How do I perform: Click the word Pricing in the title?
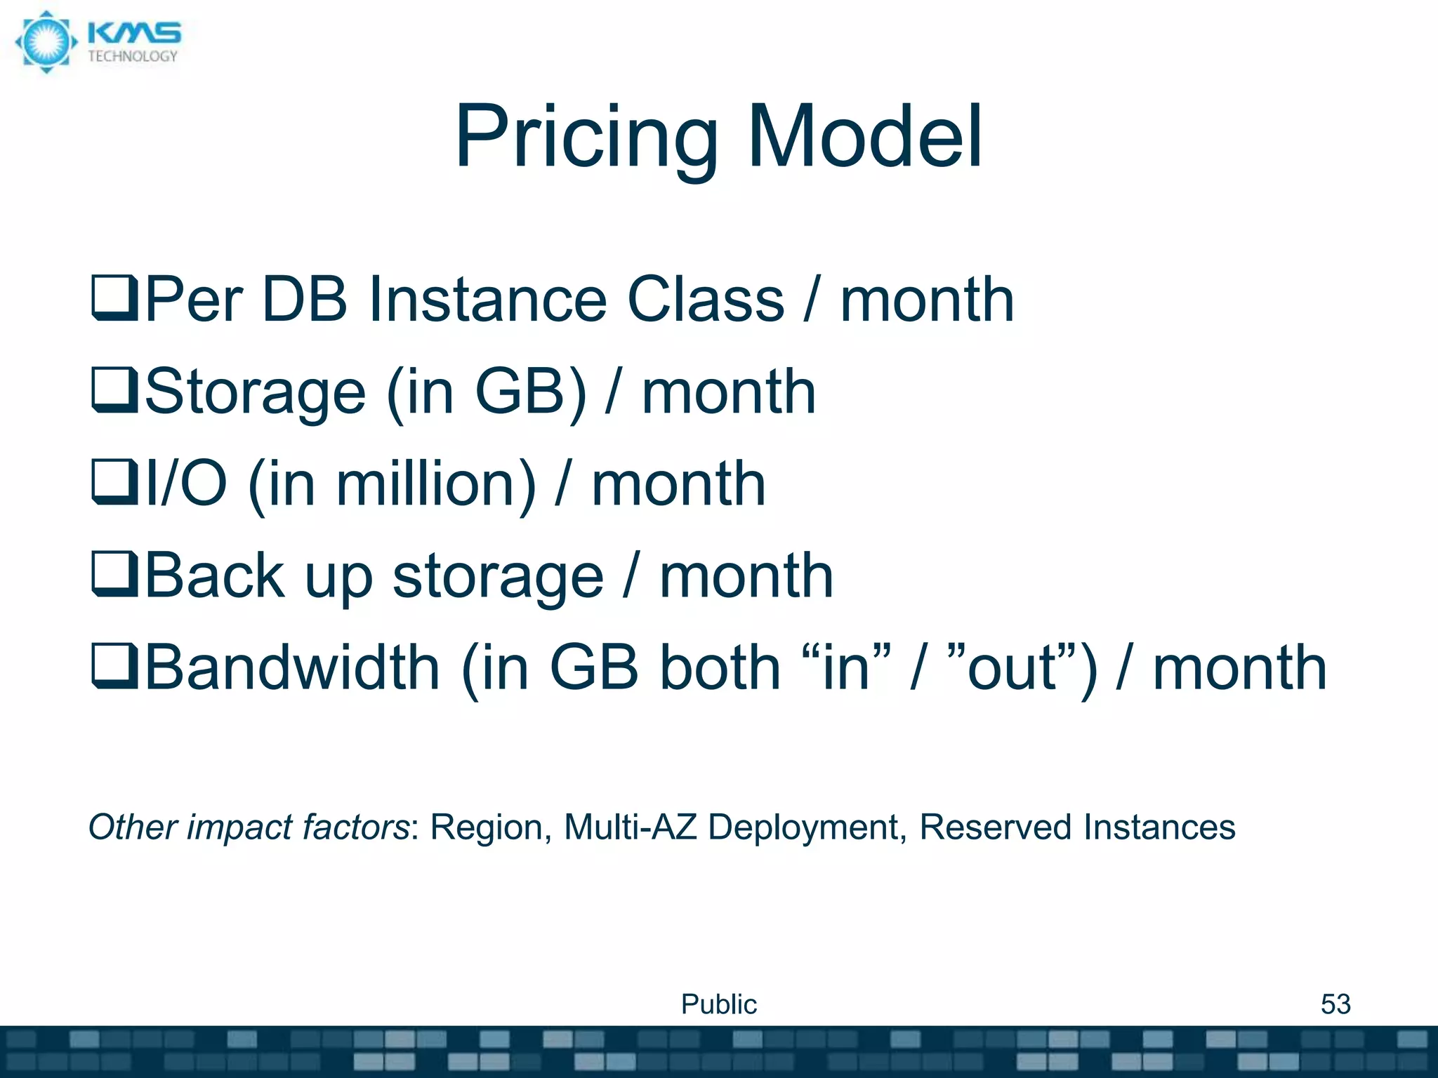[587, 138]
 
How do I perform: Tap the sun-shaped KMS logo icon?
[46, 41]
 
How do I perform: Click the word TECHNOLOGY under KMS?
[133, 57]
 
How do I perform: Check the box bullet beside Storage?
[114, 392]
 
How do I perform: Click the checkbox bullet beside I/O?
[114, 483]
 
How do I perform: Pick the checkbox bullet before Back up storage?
[114, 575]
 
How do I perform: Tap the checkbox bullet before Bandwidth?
[114, 667]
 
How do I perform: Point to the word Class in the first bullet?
[705, 300]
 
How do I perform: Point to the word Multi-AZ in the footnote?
[630, 827]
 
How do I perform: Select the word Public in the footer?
[718, 1004]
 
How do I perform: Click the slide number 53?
[1335, 1004]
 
